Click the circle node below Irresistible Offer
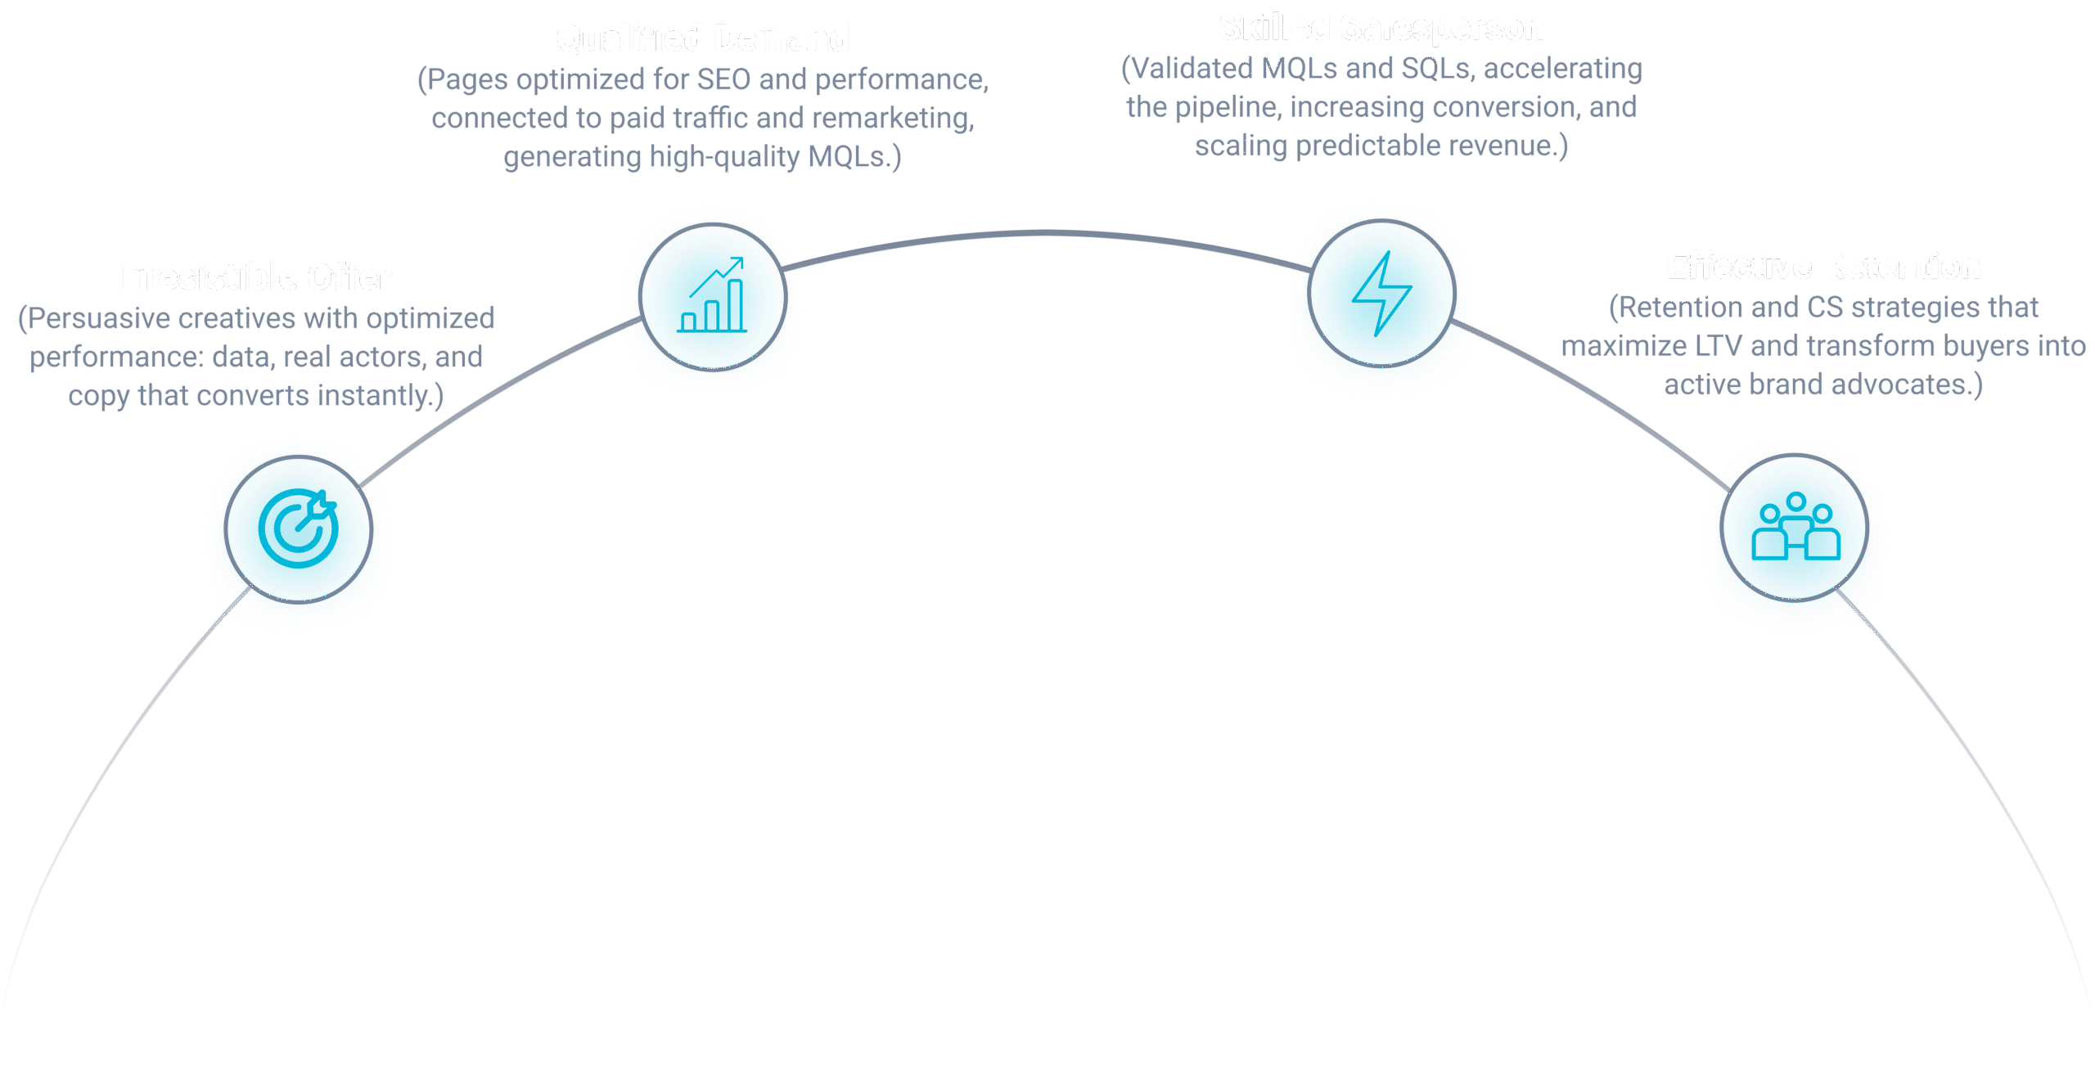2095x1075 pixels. tap(299, 529)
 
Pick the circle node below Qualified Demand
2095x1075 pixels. tap(712, 296)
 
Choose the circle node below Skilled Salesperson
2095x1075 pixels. tap(1381, 293)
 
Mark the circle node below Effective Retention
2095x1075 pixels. tap(1794, 528)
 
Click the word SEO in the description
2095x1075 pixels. tap(723, 80)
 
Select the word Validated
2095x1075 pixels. tap(1187, 69)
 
